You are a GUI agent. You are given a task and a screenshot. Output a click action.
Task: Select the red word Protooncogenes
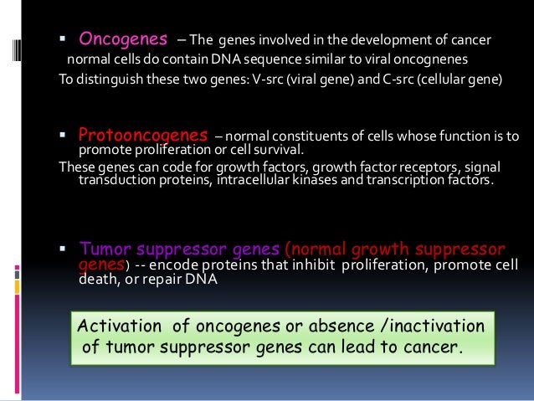pos(141,135)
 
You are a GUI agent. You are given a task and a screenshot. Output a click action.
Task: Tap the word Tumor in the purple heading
pos(100,249)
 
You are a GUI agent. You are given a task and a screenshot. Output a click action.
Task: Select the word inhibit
pos(320,265)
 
